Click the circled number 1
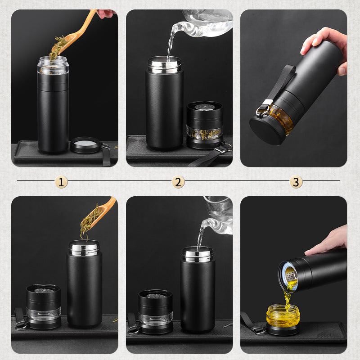pos(62,182)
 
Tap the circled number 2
pos(178,182)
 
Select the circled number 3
pos(296,182)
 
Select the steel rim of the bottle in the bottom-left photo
pos(84,248)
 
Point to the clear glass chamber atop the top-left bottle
pos(53,65)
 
